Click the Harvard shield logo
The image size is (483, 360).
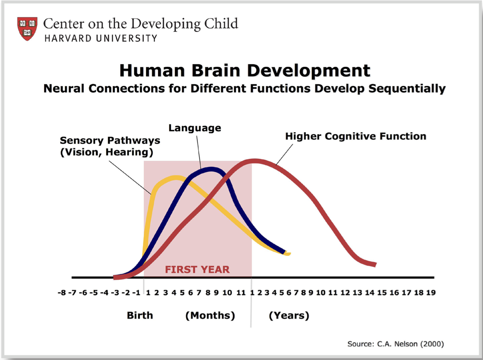[x=27, y=28]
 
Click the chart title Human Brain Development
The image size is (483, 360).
[x=245, y=70]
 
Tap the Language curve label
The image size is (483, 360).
[x=195, y=128]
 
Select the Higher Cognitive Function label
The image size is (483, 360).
[x=356, y=136]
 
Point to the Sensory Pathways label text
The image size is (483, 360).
[x=110, y=146]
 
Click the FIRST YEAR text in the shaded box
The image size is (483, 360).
[x=197, y=269]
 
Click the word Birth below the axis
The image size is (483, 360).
[x=140, y=316]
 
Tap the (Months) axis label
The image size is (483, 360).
[x=210, y=316]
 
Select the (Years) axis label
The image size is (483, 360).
[x=289, y=316]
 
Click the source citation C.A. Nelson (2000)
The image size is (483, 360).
[x=396, y=344]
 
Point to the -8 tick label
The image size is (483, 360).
[x=62, y=293]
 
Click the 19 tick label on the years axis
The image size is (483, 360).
[x=431, y=293]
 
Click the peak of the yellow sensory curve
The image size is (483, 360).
[x=175, y=178]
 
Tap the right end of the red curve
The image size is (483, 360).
[x=375, y=265]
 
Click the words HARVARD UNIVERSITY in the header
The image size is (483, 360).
[x=101, y=38]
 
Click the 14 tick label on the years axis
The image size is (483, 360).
[x=370, y=293]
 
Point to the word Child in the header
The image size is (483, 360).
[x=221, y=24]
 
